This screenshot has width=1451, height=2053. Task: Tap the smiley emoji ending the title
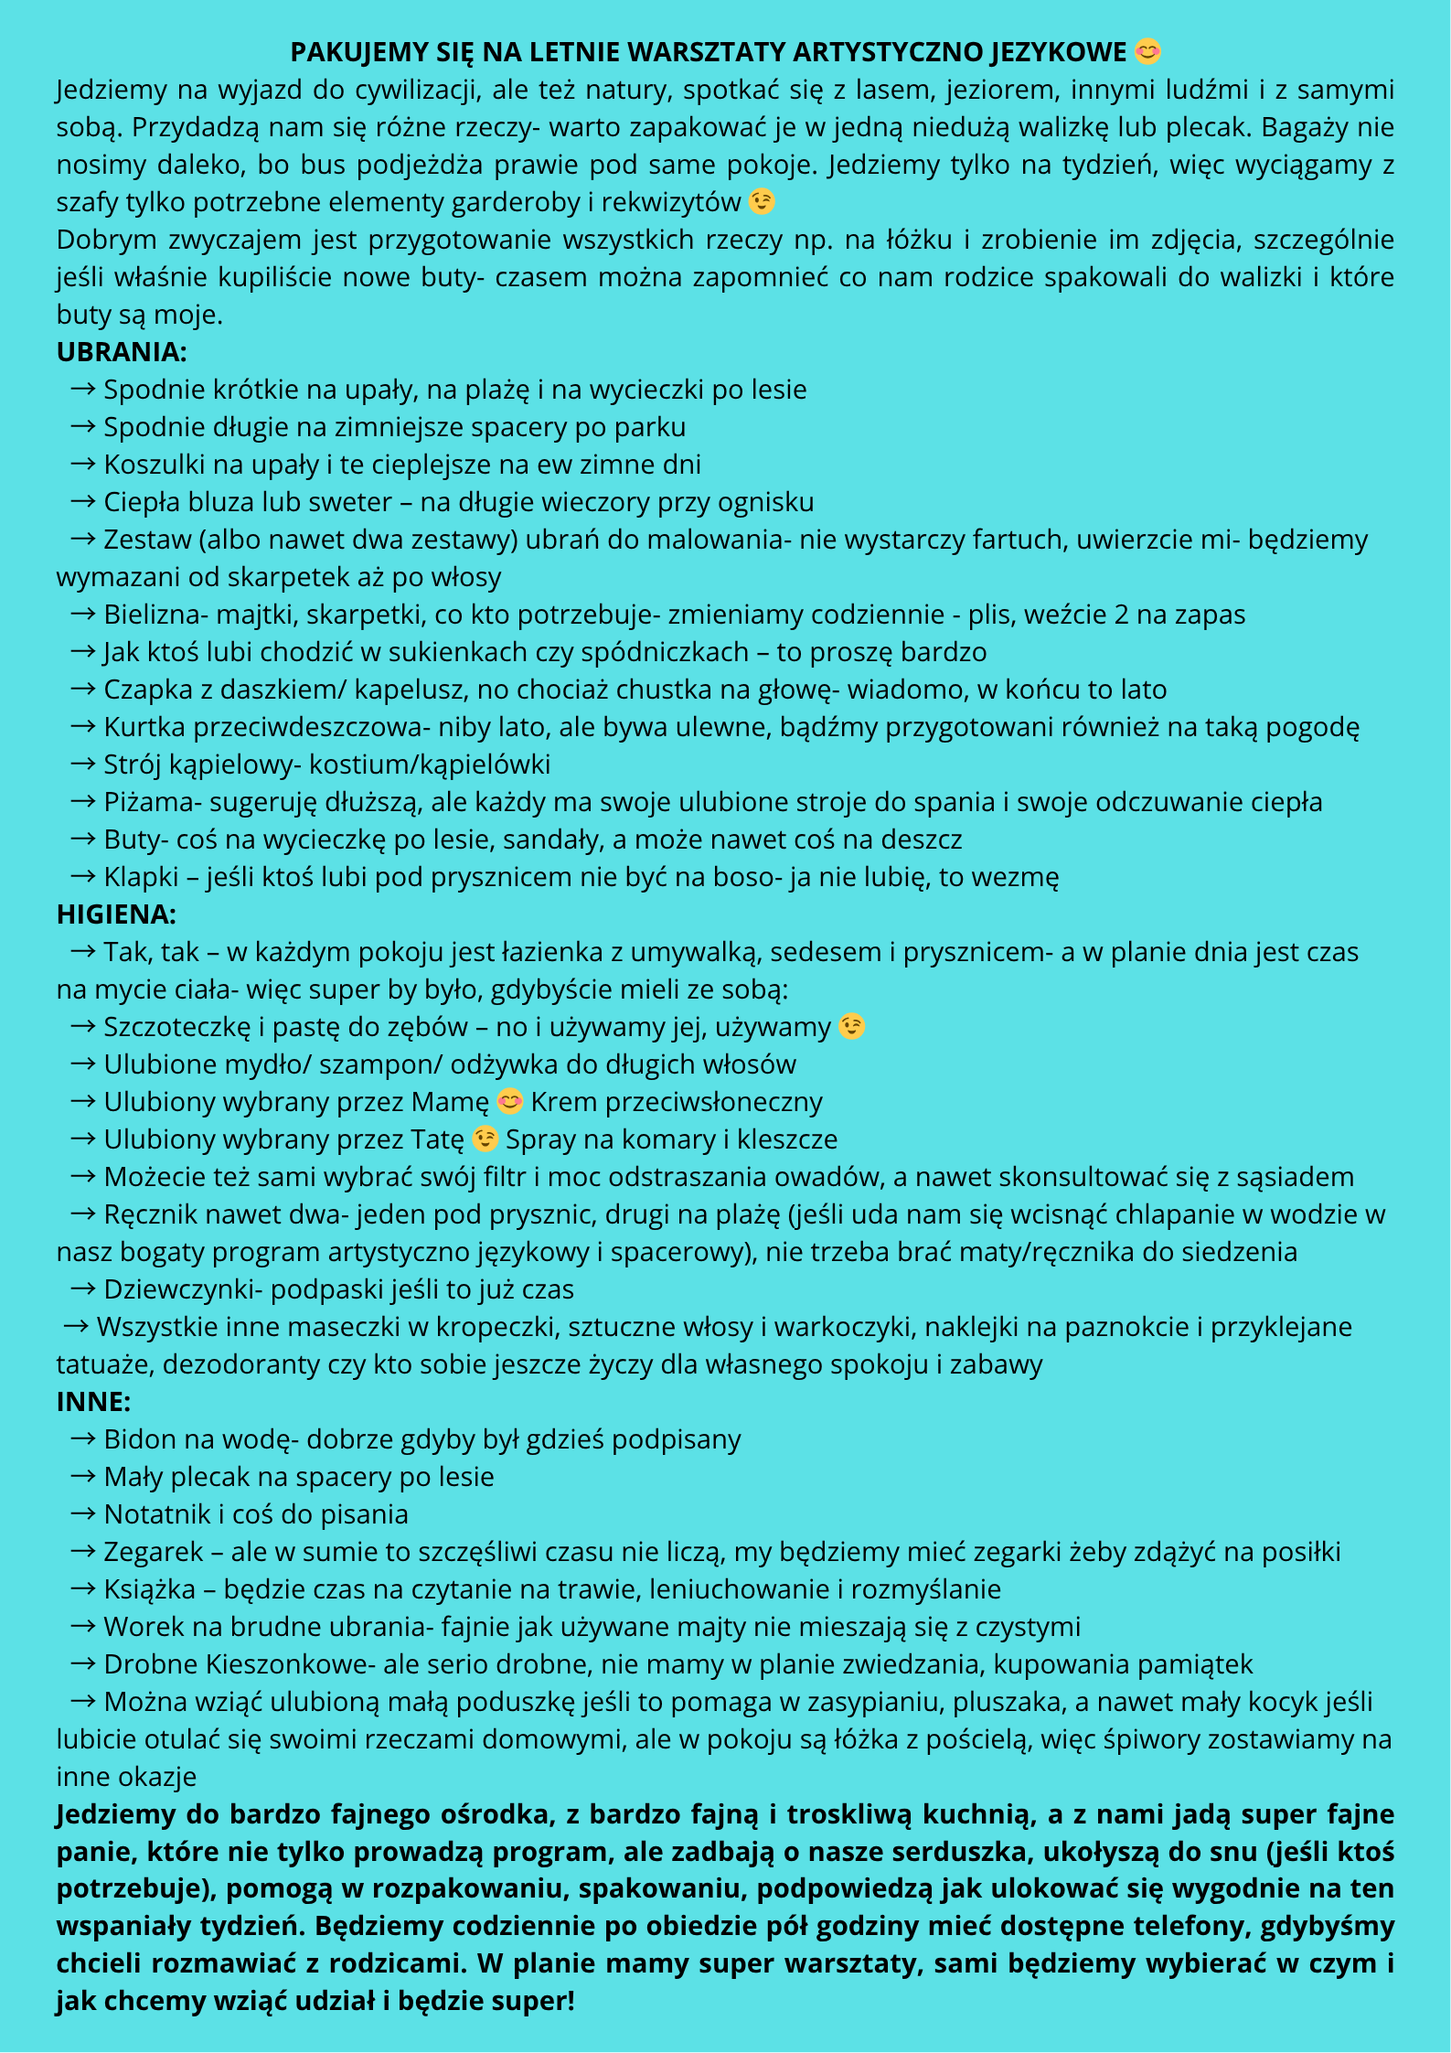pyautogui.click(x=1147, y=52)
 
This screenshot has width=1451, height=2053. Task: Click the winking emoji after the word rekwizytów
pyautogui.click(x=762, y=201)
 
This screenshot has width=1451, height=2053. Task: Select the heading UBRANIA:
pyautogui.click(x=122, y=352)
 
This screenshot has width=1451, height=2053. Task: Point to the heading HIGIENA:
pyautogui.click(x=116, y=914)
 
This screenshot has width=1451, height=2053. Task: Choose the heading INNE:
pyautogui.click(x=93, y=1402)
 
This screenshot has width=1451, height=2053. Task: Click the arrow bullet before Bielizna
pyautogui.click(x=82, y=615)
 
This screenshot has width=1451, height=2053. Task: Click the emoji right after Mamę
pyautogui.click(x=509, y=1102)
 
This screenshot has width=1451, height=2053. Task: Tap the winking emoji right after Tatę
pyautogui.click(x=485, y=1139)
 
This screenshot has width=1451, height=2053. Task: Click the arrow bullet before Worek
pyautogui.click(x=82, y=1627)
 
